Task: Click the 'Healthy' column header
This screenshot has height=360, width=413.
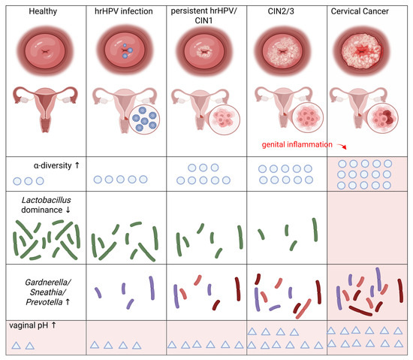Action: coord(43,11)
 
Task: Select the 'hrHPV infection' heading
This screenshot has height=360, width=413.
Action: coord(124,11)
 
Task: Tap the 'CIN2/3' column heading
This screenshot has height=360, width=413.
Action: coord(281,11)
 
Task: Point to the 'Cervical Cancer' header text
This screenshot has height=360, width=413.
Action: coord(360,11)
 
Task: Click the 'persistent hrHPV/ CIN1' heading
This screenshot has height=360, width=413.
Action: coord(203,16)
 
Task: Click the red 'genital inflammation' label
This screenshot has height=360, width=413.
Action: coord(297,144)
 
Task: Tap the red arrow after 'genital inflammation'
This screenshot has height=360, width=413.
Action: coord(342,147)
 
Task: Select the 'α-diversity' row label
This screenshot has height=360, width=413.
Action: coord(53,165)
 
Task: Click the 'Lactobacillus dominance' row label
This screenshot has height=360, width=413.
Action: coord(46,205)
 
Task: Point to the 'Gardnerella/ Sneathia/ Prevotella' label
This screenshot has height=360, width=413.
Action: coord(47,292)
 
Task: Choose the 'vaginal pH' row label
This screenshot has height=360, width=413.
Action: coord(29,325)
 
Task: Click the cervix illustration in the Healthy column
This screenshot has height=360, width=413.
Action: coord(45,51)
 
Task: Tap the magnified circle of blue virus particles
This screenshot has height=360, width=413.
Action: coord(144,119)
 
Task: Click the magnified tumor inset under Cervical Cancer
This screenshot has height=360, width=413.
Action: coord(382,117)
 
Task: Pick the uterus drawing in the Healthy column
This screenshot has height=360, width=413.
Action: coord(46,109)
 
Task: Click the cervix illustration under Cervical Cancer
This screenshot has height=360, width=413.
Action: coord(361,51)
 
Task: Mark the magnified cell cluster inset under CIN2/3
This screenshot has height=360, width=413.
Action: coord(308,117)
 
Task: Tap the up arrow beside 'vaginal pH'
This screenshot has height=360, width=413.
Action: coord(54,325)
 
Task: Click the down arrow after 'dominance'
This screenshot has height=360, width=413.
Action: coord(68,210)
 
